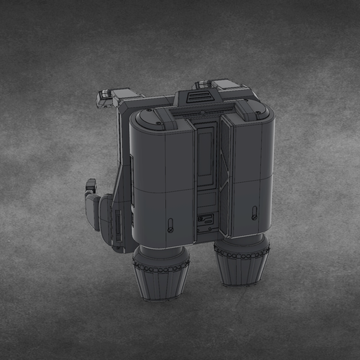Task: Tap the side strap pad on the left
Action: coord(93,206)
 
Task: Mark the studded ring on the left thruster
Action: coord(160,265)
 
